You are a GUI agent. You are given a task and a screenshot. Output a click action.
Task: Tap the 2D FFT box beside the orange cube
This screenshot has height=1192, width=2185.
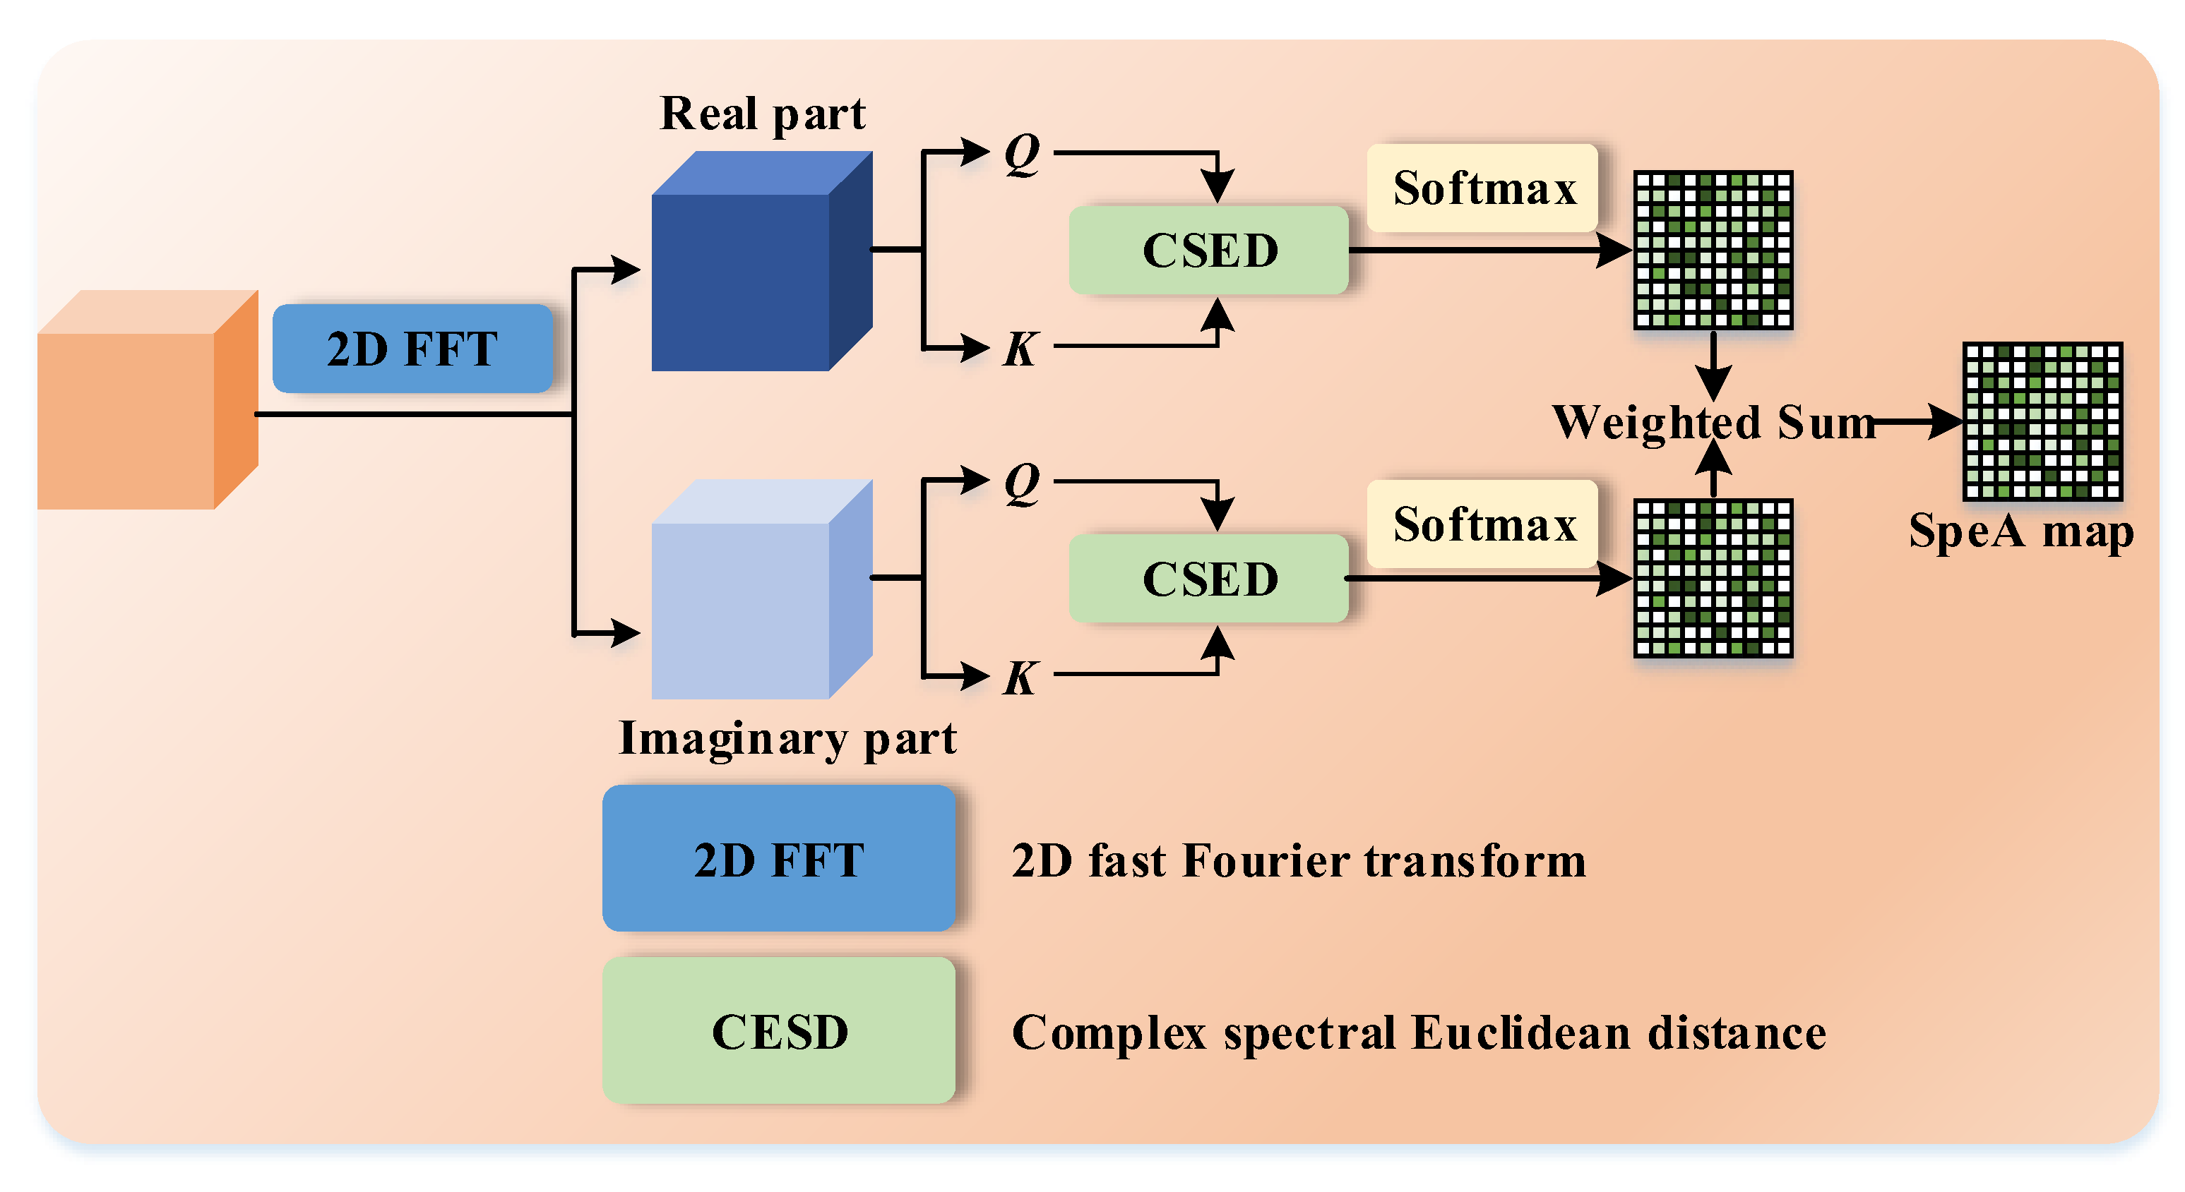click(x=412, y=349)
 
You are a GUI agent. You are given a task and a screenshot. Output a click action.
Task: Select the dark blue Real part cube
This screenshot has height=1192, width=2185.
click(x=746, y=271)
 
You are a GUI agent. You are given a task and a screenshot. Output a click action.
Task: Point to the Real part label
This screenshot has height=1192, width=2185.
click(x=762, y=114)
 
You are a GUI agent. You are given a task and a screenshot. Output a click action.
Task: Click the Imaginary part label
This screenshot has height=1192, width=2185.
click(x=787, y=738)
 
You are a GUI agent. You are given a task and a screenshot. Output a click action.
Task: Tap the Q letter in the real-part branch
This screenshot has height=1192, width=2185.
click(x=1021, y=155)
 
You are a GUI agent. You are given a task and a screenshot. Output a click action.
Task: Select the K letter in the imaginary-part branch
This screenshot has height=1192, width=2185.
click(x=1020, y=678)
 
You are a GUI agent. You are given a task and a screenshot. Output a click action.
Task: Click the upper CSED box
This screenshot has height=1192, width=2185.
click(x=1209, y=250)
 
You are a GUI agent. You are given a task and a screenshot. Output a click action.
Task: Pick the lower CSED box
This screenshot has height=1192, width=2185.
click(x=1209, y=578)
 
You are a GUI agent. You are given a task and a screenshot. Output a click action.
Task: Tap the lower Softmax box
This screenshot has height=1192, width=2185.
click(x=1483, y=524)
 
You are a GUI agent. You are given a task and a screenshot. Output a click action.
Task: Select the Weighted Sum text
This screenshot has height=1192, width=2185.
click(x=1713, y=421)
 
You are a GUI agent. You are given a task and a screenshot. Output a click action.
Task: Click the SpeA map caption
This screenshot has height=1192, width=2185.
click(x=2020, y=531)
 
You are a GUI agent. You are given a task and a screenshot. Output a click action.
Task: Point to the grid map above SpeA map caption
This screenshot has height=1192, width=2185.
click(x=2042, y=421)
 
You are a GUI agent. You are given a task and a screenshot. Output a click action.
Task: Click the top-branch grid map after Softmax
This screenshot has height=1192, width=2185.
click(x=1713, y=250)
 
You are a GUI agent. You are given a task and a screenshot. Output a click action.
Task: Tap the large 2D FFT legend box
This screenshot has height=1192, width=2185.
click(x=779, y=858)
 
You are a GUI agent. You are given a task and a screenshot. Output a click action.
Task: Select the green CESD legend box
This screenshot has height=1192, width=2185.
click(x=779, y=1030)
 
